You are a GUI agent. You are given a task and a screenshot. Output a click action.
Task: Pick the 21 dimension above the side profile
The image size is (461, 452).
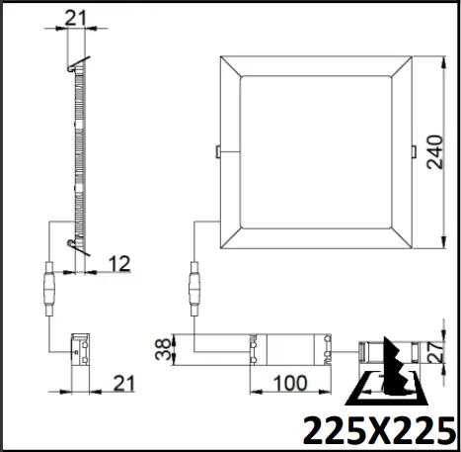click(x=75, y=17)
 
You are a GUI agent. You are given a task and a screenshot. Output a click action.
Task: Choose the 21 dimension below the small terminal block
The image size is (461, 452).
click(x=121, y=382)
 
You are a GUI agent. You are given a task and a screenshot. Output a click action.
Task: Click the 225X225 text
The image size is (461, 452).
click(x=379, y=430)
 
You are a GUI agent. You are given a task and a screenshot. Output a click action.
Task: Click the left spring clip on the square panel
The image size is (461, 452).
click(x=217, y=151)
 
